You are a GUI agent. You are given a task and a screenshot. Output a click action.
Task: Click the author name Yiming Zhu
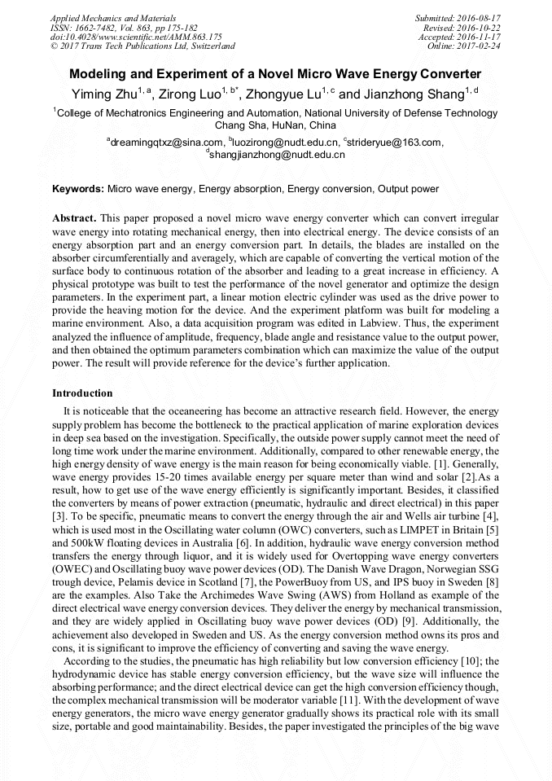[103, 94]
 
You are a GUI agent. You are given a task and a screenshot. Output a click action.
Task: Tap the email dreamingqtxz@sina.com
[168, 142]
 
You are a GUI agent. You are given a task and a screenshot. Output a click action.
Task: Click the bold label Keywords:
[78, 189]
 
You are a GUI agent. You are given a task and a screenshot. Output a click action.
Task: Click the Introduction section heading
[82, 393]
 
